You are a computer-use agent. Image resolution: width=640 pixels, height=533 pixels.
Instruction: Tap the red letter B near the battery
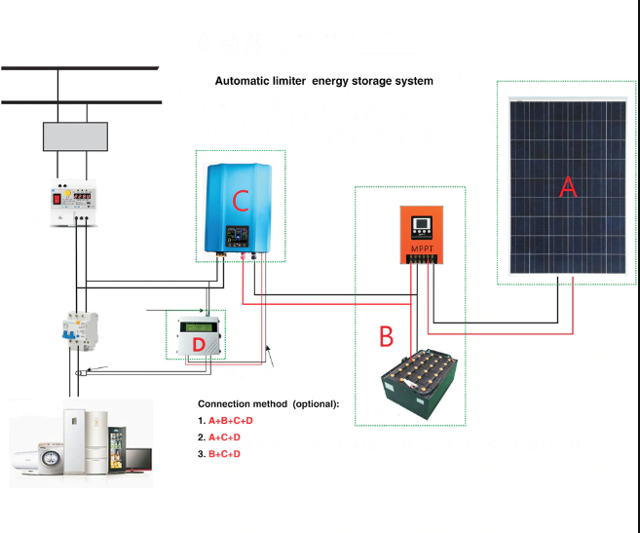(386, 337)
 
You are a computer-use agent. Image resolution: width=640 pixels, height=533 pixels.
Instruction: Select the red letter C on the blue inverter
(242, 201)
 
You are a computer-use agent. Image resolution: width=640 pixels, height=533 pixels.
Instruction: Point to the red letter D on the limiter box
(198, 346)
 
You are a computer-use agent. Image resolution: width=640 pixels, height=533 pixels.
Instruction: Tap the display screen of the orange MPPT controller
(423, 227)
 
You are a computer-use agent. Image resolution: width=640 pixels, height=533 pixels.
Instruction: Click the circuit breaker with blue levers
(76, 331)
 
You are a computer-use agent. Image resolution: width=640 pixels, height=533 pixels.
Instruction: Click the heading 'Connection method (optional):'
(268, 403)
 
